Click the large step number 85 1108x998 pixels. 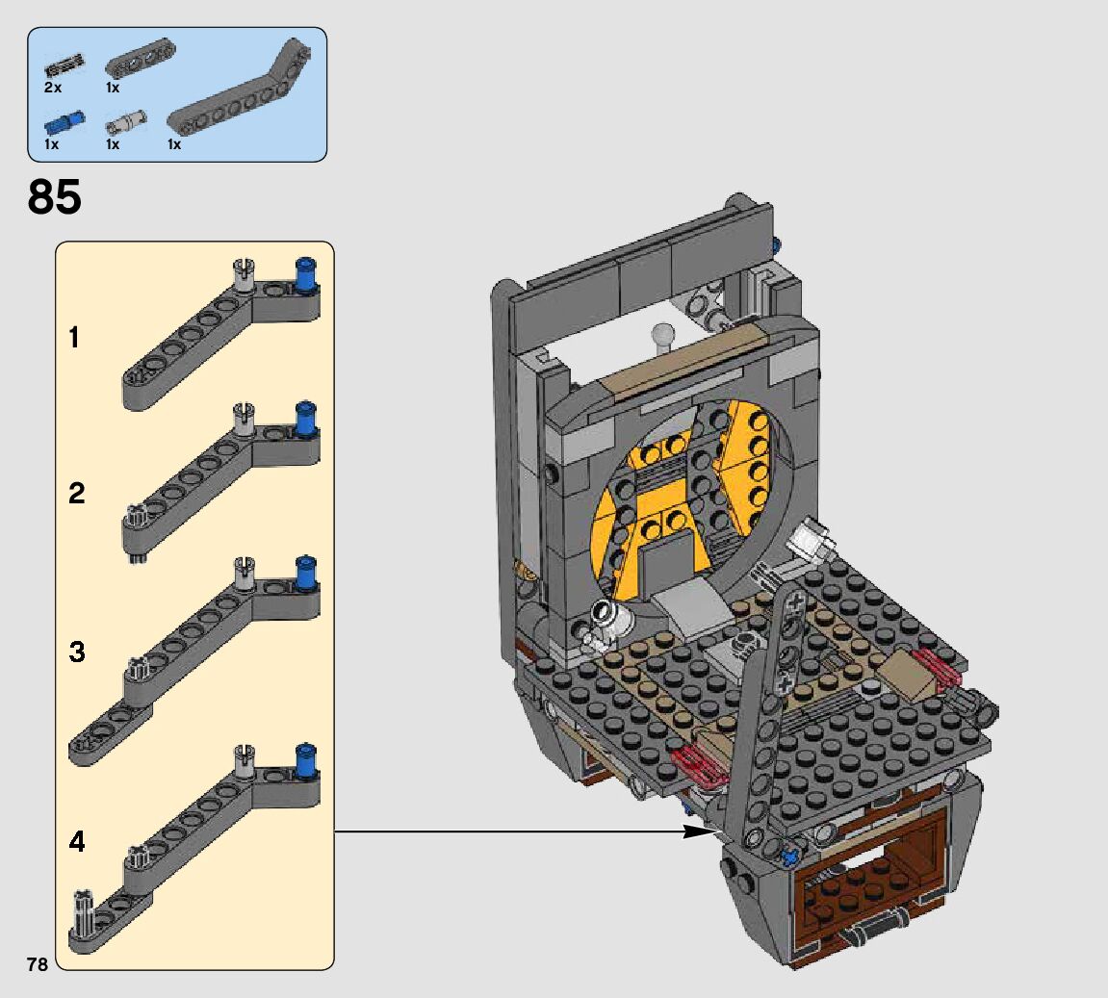click(55, 196)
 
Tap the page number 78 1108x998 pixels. click(38, 964)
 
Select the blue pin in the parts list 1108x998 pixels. click(65, 123)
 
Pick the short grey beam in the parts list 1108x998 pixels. click(141, 59)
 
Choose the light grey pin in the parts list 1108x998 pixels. click(126, 122)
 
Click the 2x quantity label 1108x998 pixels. click(53, 88)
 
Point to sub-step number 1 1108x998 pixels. click(74, 338)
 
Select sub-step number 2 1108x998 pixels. click(76, 493)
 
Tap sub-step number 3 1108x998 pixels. click(76, 652)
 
